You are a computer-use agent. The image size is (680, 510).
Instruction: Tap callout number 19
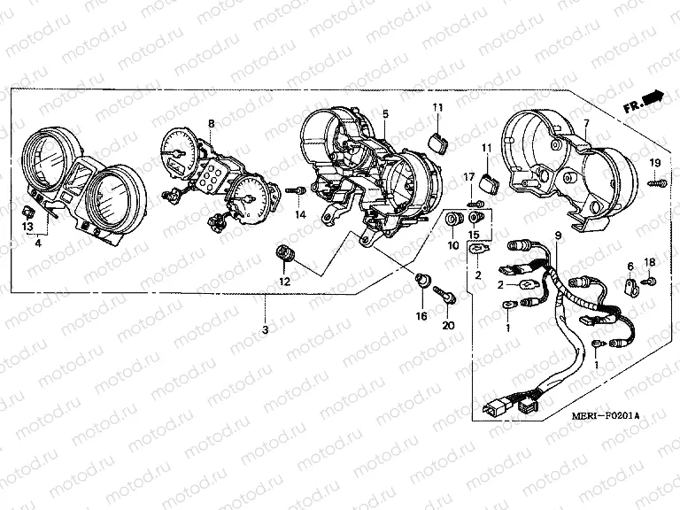coord(655,162)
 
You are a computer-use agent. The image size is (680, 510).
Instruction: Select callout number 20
coord(446,326)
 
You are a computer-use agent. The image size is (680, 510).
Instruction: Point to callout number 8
coord(211,122)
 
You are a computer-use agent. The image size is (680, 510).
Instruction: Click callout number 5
coord(385,114)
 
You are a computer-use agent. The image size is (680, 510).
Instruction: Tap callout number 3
coord(265,329)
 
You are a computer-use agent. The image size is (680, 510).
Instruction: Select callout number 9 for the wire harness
coord(558,235)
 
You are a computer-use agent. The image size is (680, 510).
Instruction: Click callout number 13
coord(27,227)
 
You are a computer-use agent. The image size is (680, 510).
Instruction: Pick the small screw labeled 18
coord(648,281)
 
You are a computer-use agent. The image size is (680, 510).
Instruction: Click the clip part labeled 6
coord(630,285)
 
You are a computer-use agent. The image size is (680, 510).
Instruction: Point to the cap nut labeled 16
coord(424,282)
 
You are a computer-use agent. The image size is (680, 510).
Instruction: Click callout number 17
coord(469,179)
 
